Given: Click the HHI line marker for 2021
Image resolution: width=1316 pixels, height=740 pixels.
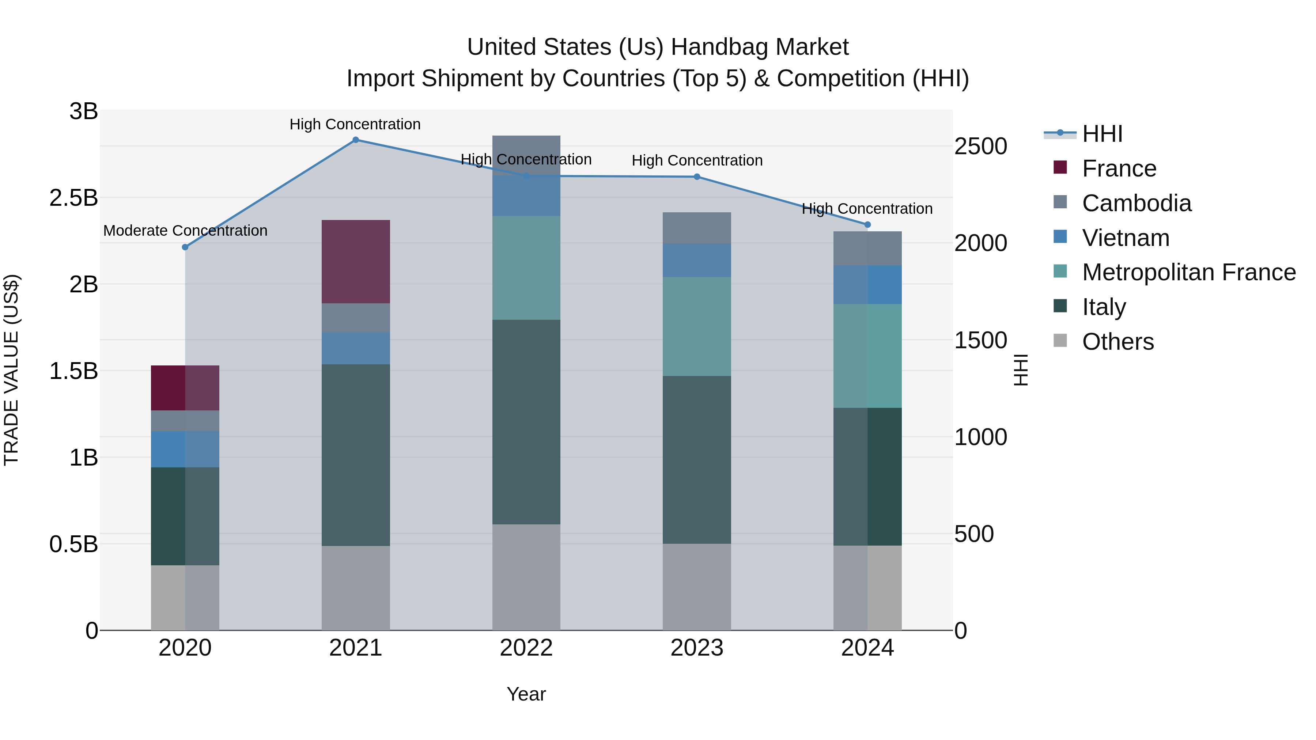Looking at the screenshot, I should [356, 140].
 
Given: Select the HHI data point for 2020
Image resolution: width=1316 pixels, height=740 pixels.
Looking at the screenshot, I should [185, 247].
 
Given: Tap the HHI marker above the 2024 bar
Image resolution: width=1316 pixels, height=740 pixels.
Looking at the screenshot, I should [867, 225].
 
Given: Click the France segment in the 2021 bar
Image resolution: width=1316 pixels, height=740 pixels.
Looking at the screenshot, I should [356, 262].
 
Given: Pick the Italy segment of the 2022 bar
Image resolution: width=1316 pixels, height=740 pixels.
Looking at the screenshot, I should [526, 422].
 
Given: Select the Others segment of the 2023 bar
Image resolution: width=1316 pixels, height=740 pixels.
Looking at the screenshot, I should [697, 587].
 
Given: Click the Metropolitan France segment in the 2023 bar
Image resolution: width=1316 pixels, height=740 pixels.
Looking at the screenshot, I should [697, 326].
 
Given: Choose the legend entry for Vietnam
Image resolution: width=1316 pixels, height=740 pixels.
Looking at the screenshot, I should [1126, 238].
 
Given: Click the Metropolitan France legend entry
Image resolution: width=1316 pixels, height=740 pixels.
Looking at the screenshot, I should [1188, 272].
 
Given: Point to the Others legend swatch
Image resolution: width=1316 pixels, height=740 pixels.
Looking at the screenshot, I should [1060, 341].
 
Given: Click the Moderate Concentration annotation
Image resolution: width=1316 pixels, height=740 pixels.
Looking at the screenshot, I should [185, 231].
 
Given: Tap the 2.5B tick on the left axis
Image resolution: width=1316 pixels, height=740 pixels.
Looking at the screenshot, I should [73, 198].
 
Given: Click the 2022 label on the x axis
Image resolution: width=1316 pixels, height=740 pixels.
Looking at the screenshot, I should [526, 648].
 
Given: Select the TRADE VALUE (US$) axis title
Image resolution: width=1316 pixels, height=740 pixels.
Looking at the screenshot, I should [11, 370].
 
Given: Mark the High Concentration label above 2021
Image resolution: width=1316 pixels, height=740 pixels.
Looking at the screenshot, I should [355, 124].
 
